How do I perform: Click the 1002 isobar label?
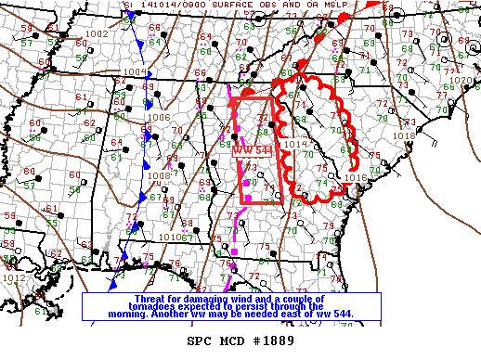[x=96, y=34]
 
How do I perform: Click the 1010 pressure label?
[x=171, y=237]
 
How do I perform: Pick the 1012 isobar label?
[x=14, y=277]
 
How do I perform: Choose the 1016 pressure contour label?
[x=356, y=177]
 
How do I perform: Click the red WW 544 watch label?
[x=252, y=149]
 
